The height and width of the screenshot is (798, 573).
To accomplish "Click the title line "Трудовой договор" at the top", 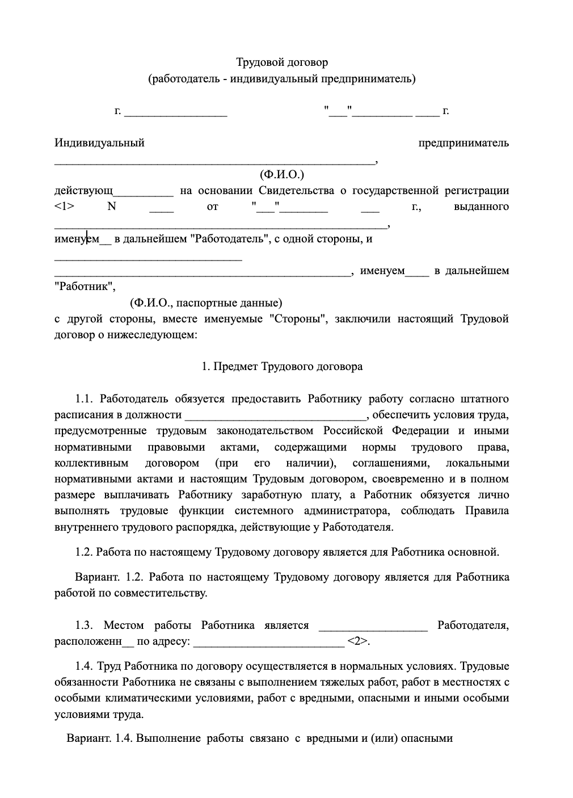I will [x=282, y=62].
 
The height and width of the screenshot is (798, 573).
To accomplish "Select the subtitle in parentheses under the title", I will [x=282, y=78].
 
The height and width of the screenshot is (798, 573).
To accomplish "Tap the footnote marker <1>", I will [x=64, y=207].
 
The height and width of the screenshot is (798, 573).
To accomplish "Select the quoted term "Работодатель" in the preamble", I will [x=229, y=238].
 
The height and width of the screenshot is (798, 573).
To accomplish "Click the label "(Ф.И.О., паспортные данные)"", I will [x=205, y=303].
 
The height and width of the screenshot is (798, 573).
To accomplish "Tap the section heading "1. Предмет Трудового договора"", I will [x=282, y=367].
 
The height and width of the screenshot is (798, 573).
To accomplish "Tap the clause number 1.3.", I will [x=83, y=625].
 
